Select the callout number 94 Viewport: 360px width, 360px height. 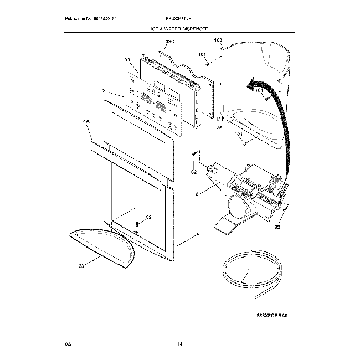pos(127,59)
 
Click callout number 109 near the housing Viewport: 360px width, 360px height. pos(217,40)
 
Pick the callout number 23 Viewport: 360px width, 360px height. pos(81,266)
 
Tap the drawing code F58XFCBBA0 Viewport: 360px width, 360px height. pos(273,316)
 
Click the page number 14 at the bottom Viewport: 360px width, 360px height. pos(179,345)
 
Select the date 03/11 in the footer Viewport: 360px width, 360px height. pos(69,345)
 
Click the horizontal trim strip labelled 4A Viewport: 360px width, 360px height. pos(128,161)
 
